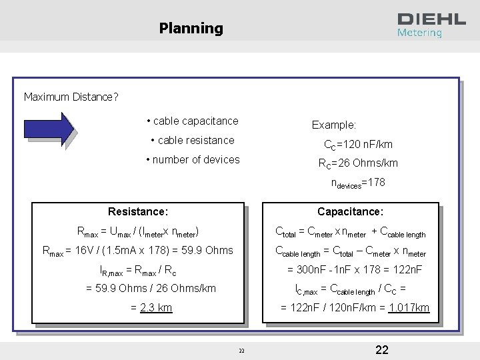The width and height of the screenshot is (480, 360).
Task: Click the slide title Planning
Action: tap(191, 28)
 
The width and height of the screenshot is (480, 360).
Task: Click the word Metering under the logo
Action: tap(419, 33)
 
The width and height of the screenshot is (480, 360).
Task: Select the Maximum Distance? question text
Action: tap(71, 97)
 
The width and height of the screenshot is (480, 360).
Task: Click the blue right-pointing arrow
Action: tap(49, 129)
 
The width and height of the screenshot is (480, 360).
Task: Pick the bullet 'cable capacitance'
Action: tap(192, 121)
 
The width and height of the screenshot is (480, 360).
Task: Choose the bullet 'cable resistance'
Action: tap(193, 140)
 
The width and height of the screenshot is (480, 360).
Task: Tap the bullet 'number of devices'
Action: tap(192, 159)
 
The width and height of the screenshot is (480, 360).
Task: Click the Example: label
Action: tap(334, 125)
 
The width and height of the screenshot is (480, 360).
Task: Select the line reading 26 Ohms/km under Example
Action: tap(358, 163)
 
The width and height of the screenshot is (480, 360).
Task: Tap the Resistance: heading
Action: tap(138, 211)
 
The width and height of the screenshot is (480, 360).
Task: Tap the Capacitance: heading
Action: tap(350, 211)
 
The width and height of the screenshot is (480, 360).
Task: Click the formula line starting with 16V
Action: tap(137, 250)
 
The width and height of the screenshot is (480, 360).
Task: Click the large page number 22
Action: tap(382, 350)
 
